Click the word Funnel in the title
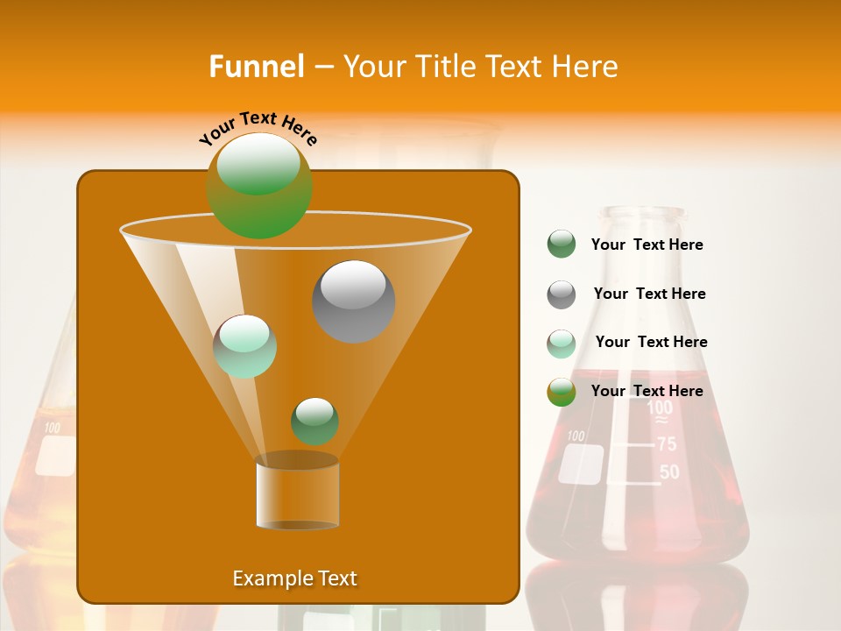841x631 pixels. pos(256,67)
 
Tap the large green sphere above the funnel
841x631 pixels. pos(259,185)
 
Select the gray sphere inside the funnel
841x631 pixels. pos(353,301)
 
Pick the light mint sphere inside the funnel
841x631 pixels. pos(245,346)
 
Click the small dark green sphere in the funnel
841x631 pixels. pos(314,421)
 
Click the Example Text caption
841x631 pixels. pos(294,578)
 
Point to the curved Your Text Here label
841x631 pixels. pos(258,126)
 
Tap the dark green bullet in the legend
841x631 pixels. pos(562,245)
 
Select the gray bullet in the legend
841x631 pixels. pos(562,294)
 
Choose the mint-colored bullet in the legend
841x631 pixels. pos(562,344)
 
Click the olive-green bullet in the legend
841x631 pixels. pos(562,392)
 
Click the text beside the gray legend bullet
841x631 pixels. pos(649,294)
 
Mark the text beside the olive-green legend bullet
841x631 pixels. pos(647,391)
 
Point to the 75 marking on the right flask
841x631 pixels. pos(667,444)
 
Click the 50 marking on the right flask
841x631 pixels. pos(669,472)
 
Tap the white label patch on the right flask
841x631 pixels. pos(582,464)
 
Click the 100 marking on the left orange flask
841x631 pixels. pos(53,429)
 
